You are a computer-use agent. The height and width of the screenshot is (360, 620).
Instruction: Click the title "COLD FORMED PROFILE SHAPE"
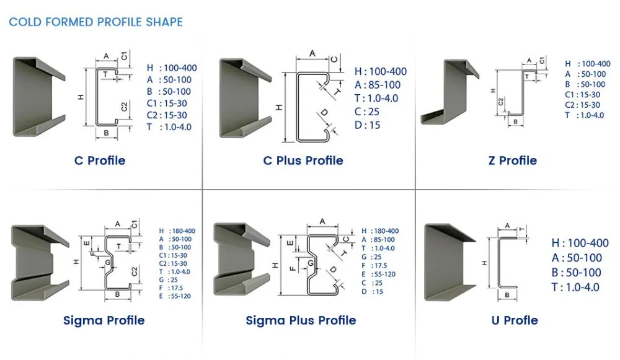pos(95,22)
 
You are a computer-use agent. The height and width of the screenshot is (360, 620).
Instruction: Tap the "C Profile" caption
pos(100,160)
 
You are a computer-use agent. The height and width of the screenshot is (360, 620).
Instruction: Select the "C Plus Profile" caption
pos(303,160)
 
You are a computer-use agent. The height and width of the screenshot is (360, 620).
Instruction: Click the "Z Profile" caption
pos(513,160)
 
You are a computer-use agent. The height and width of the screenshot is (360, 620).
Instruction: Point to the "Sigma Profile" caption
pos(104,320)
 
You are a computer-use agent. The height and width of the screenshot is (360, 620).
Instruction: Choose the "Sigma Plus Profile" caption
pos(301,320)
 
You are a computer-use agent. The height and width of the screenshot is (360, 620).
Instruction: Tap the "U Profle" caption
pos(515,320)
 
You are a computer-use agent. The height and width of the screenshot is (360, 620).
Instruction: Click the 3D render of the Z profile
pos(450,92)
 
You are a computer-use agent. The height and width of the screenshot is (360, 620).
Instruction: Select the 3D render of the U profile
pos(450,262)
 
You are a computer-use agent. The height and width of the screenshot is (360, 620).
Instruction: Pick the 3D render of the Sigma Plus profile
pos(242,259)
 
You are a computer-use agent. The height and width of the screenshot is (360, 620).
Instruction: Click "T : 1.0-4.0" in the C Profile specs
pos(169,127)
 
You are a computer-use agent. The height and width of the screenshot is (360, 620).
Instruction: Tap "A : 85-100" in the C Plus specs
pos(378,85)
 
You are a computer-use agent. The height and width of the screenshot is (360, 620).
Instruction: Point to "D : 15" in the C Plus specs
pos(367,125)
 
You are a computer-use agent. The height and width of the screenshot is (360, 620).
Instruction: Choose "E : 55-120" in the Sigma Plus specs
pos(378,274)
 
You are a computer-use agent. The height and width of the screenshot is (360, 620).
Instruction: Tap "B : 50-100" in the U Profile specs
pos(577,273)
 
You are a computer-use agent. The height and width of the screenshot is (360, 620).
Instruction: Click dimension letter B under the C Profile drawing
pos(106,133)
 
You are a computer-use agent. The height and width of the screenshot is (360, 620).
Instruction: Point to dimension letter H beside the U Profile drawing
pos(484,263)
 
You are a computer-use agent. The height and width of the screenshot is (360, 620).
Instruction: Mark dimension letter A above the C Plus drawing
pos(312,53)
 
